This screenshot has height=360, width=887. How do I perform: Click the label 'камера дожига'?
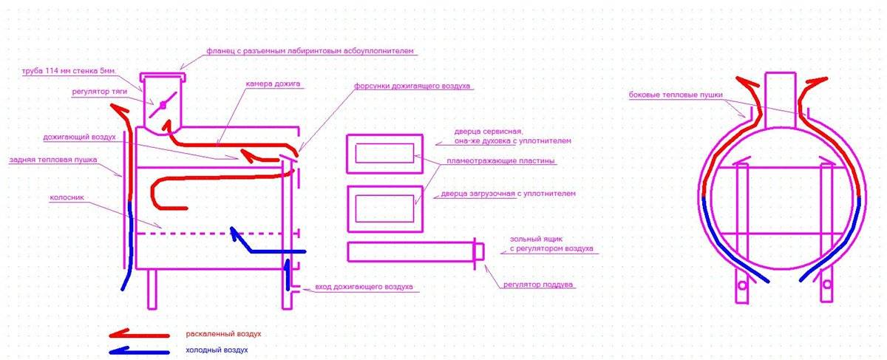(273, 84)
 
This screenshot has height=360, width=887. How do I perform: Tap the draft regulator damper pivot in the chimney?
(163, 105)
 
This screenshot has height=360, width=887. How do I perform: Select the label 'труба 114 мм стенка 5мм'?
(69, 71)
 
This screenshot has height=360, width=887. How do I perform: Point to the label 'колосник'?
(67, 197)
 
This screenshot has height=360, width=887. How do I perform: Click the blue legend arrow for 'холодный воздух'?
(140, 351)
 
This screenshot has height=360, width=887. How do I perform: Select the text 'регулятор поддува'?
(538, 285)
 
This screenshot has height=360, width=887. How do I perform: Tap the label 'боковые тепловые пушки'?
(676, 95)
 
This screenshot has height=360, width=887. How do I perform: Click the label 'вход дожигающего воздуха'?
(364, 286)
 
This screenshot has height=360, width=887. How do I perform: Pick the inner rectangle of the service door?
(384, 153)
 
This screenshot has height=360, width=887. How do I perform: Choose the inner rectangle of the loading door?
(384, 208)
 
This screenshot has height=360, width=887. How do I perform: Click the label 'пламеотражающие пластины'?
(500, 161)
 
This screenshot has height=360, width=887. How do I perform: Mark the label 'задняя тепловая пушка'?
(53, 160)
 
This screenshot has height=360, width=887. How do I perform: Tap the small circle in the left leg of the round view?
(742, 285)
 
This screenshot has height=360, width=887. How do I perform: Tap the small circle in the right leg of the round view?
(827, 285)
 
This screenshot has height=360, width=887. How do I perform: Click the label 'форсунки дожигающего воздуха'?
(412, 86)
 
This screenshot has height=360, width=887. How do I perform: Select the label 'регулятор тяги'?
(99, 92)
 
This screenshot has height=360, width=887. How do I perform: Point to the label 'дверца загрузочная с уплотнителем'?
(508, 194)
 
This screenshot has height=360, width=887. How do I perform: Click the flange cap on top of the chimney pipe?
(163, 77)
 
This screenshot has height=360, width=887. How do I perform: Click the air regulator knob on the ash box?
(479, 252)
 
